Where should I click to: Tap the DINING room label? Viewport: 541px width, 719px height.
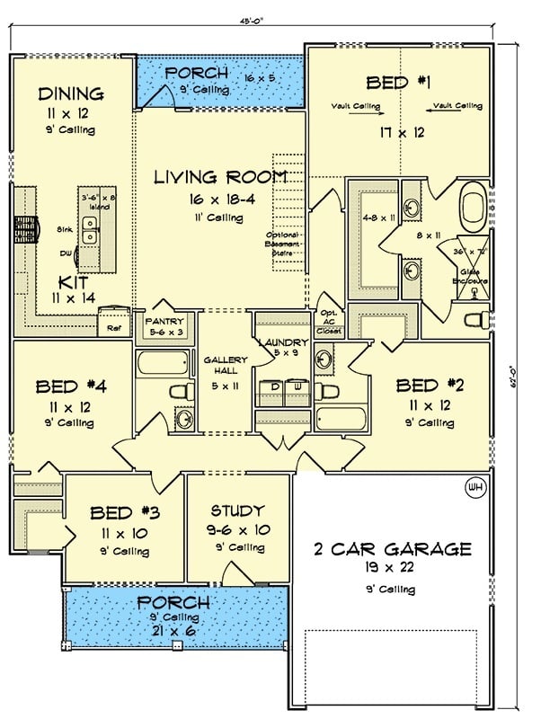pos(71,93)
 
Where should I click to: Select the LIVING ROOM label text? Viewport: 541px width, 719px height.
pos(220,176)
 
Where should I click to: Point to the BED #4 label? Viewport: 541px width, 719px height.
pos(71,387)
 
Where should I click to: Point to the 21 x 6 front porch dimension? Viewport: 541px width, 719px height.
pos(179,633)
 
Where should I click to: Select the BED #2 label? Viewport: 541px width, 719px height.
pos(430,387)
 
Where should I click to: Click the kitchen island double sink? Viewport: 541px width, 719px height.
pos(90,230)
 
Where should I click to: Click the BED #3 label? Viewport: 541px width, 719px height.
pos(125,513)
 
